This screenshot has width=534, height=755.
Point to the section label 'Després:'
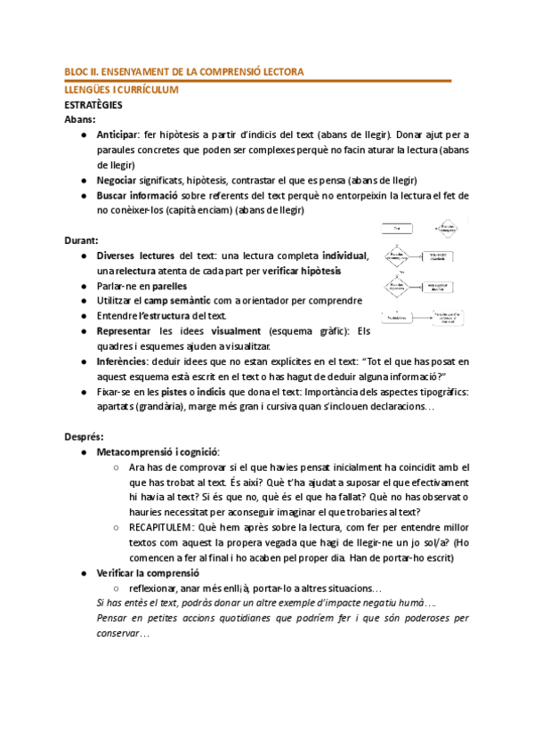[x=85, y=436]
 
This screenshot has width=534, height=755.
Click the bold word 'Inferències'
[x=122, y=361]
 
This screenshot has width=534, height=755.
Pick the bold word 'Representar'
[x=125, y=331]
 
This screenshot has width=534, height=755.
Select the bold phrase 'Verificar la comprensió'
[x=149, y=572]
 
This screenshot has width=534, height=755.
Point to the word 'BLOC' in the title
[x=78, y=71]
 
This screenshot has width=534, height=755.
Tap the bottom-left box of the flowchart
[x=398, y=316]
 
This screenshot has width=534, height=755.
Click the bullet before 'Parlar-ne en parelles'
[x=83, y=286]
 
